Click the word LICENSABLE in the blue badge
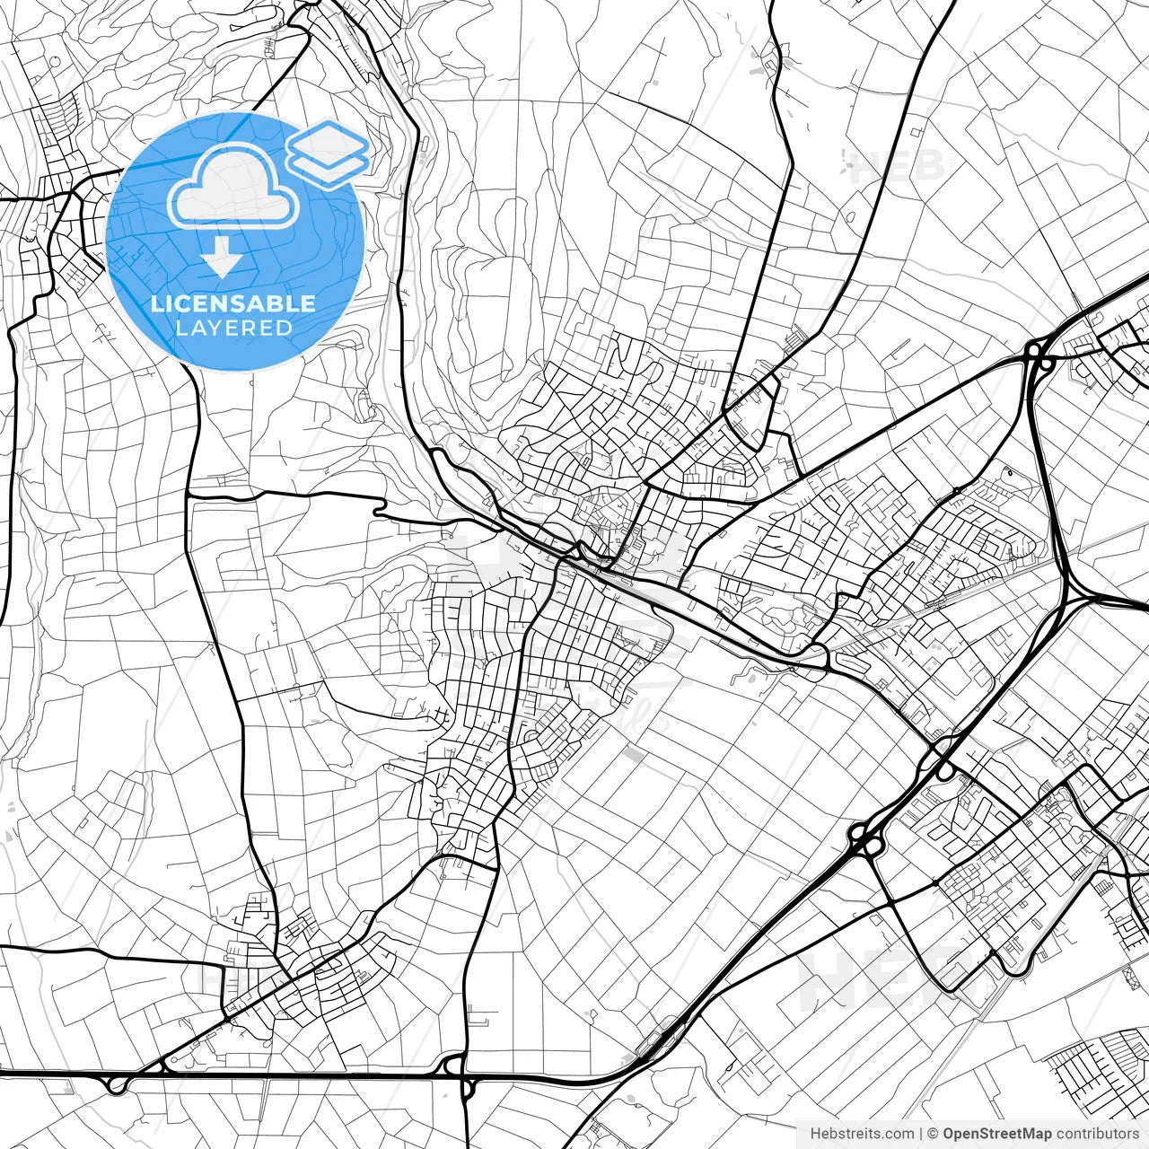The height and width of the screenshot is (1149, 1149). click(233, 303)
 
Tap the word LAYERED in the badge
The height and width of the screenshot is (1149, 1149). click(233, 328)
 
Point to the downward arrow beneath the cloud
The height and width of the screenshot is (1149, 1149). click(222, 260)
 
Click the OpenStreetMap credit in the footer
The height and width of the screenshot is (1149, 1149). click(996, 1134)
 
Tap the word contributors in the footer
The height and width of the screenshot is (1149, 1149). click(1096, 1134)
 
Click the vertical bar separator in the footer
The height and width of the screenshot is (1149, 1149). click(921, 1134)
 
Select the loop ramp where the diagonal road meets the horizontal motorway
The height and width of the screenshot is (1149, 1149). click(117, 1084)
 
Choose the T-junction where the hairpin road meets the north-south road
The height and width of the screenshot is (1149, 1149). click(189, 494)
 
